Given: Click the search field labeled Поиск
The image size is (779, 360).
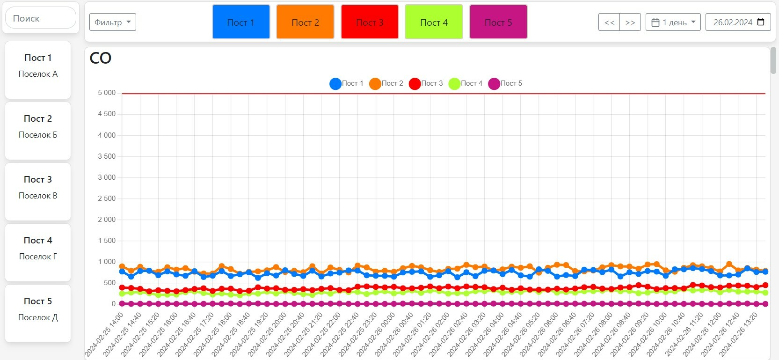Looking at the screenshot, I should [x=41, y=18].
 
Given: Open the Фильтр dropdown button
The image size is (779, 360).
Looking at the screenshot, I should [x=113, y=22].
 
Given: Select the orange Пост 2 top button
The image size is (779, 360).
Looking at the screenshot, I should [x=305, y=22].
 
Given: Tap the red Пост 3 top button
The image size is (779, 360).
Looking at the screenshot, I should [x=370, y=22].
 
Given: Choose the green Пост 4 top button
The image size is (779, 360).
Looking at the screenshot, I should [x=434, y=22].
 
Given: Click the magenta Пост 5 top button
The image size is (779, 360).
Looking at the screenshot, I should [x=498, y=22].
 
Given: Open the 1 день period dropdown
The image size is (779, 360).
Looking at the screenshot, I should [x=673, y=22].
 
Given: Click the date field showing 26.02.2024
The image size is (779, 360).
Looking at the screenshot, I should [x=738, y=22].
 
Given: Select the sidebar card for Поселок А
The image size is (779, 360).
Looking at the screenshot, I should [x=38, y=70].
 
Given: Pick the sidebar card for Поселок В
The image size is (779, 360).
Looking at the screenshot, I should [x=38, y=191].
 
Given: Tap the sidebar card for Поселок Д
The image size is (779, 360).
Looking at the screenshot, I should [x=38, y=313].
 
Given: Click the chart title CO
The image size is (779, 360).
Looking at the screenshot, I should [x=101, y=58].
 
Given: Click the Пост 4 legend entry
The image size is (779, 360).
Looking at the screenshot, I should [x=466, y=83].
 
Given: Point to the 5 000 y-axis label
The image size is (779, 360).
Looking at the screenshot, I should [x=107, y=93].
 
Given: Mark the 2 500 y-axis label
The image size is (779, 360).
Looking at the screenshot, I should [x=107, y=198].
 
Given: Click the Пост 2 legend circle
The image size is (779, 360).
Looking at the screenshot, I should [x=375, y=84].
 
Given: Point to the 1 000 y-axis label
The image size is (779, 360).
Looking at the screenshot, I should [x=107, y=262].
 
